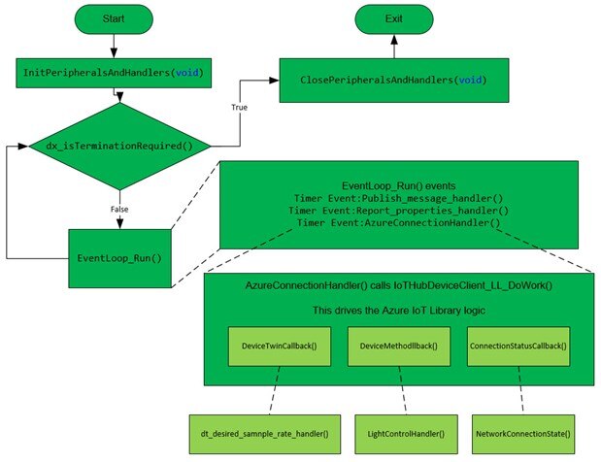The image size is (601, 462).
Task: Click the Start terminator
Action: pyautogui.click(x=114, y=18)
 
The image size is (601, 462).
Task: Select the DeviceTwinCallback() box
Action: pyautogui.click(x=265, y=345)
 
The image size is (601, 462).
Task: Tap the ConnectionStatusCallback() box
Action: pyautogui.click(x=518, y=345)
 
